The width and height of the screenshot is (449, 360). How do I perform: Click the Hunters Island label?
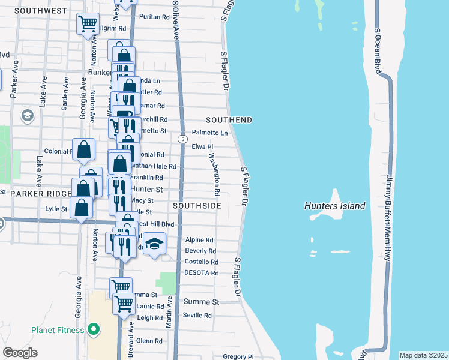(334, 206)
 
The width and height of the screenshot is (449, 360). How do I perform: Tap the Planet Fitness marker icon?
(93, 329)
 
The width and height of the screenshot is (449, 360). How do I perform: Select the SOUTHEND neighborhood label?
(229, 120)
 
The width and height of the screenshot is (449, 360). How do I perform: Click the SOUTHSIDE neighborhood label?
(197, 206)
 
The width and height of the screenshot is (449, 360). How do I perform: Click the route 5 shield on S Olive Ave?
(181, 139)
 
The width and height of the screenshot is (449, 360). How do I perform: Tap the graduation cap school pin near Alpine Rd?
(155, 243)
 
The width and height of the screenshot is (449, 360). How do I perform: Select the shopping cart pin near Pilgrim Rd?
(88, 24)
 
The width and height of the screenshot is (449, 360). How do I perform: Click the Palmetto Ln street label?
(209, 133)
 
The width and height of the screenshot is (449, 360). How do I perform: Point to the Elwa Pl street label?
(202, 146)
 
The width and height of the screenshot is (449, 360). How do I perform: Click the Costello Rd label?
(202, 262)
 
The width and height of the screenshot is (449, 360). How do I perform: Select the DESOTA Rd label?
(202, 272)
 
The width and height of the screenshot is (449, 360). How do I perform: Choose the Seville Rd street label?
(197, 315)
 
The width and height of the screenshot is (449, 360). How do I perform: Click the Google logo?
(20, 353)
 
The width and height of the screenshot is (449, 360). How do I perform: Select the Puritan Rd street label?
(154, 17)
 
